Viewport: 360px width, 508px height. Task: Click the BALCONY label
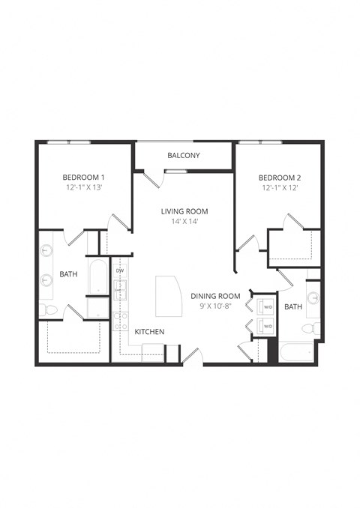tap(184, 156)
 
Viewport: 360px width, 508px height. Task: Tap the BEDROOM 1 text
tap(82, 178)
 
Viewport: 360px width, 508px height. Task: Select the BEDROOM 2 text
tap(280, 178)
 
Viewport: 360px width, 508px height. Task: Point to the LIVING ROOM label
tap(184, 211)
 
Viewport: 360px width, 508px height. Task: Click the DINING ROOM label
tap(215, 296)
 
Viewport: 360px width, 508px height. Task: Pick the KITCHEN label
tap(150, 332)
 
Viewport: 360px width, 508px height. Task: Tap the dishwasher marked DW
tap(120, 270)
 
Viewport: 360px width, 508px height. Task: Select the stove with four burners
tap(120, 320)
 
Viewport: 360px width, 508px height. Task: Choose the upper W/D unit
tap(266, 306)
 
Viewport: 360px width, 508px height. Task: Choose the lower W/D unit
tap(266, 326)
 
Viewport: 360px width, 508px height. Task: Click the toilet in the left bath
tap(47, 309)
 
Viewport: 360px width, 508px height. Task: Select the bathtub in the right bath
tap(295, 352)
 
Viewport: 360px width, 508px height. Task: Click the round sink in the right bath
tap(313, 297)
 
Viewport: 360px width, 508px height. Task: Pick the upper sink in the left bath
tap(46, 251)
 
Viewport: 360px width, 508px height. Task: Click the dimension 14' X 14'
tap(184, 222)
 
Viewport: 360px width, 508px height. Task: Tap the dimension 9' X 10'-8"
tap(215, 306)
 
